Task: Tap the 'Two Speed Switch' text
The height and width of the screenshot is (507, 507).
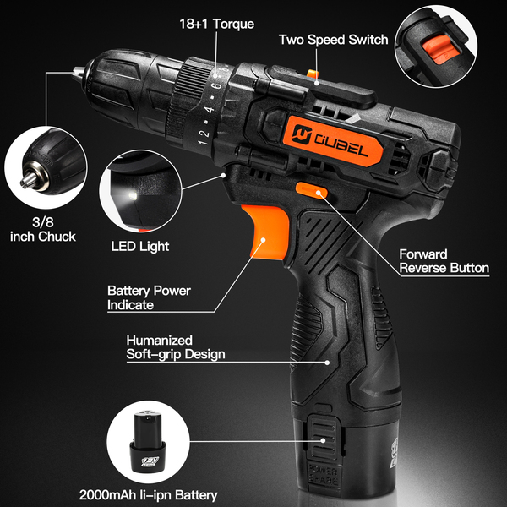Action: pos(333,40)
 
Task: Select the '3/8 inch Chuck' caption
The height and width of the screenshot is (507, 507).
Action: pos(42,229)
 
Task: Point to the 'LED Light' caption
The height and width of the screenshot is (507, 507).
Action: pos(140,247)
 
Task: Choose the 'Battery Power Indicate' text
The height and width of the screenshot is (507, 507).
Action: pos(149,297)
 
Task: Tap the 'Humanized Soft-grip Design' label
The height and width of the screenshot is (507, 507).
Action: pos(175,346)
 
